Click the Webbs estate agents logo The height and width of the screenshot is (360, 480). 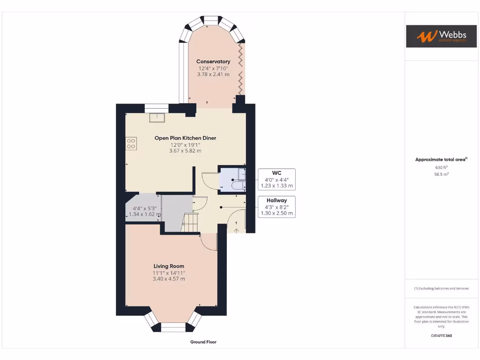pos(435,36)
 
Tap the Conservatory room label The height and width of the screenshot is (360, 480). pos(213,61)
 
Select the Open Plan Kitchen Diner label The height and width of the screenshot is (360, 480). pos(185,138)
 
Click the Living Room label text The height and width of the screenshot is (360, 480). pos(168,266)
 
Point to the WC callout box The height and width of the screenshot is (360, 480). pos(277,179)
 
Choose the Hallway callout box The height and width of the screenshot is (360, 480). pos(277,207)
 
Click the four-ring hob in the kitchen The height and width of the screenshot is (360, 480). pos(131,143)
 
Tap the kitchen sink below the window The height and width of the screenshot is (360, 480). pos(157,117)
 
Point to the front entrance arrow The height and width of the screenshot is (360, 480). pos(236,230)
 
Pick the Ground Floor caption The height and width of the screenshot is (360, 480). pos(203,342)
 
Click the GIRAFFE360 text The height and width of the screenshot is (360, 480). pos(441,336)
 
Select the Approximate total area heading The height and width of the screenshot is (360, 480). pos(441,160)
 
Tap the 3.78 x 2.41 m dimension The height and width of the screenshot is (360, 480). pos(213,74)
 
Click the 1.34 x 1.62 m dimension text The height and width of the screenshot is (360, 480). pos(145,214)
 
